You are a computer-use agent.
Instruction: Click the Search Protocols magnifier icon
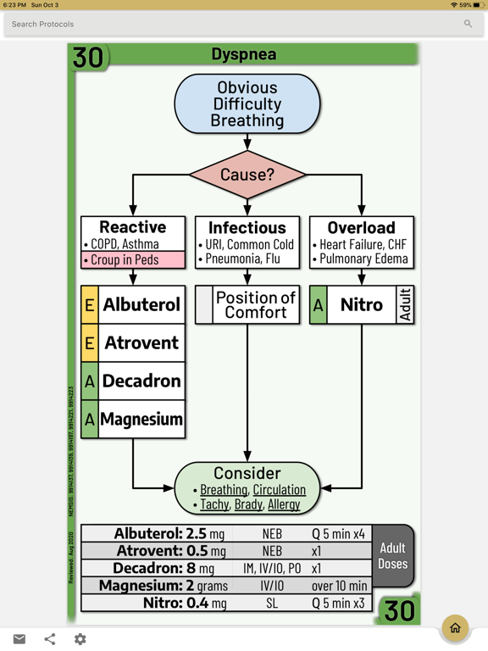(x=468, y=24)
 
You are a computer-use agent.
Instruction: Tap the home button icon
(x=455, y=628)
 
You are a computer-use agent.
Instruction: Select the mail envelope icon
(x=19, y=639)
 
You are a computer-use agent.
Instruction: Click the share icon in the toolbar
(x=50, y=639)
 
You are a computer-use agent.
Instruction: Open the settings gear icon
(x=80, y=639)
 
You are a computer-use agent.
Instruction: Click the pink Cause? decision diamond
(x=247, y=175)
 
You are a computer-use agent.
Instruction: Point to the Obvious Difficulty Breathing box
(x=247, y=104)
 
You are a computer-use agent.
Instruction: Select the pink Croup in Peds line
(x=133, y=260)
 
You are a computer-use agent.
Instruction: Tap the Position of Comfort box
(x=255, y=304)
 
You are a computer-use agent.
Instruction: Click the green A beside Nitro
(x=319, y=305)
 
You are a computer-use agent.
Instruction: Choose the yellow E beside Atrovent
(x=90, y=343)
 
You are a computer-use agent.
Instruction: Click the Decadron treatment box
(x=141, y=381)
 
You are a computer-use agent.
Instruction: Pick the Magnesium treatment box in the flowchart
(x=141, y=420)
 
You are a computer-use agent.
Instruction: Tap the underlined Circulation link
(x=279, y=490)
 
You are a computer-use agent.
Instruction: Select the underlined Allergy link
(x=284, y=504)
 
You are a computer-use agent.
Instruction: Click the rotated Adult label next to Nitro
(x=404, y=304)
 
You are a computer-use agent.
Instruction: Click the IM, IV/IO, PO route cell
(x=272, y=569)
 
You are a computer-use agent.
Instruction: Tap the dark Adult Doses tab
(x=392, y=556)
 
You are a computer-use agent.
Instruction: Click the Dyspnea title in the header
(x=243, y=55)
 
